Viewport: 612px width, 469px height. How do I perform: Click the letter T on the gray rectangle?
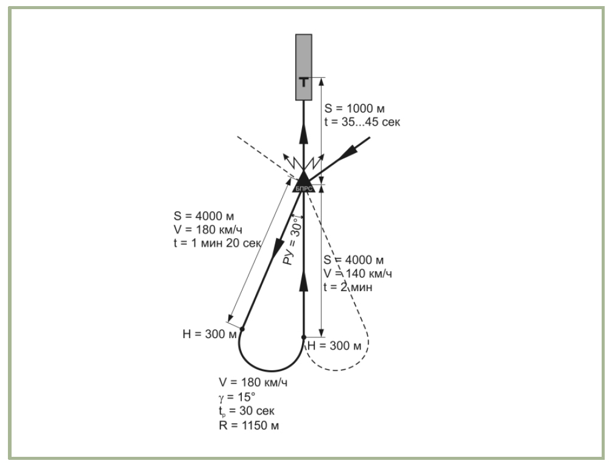coord(303,82)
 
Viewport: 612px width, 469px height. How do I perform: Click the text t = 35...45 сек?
coord(362,121)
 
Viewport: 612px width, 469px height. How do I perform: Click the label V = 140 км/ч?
coord(359,273)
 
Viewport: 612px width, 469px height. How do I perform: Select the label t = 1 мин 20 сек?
coord(217,242)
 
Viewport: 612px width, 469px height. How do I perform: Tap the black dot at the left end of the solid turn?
coord(242,329)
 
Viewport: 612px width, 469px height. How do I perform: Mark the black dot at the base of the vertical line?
coord(303,337)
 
